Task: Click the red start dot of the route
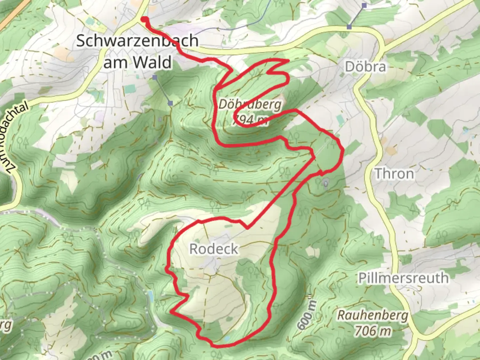coord(144,19)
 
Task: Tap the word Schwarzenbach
coord(137,41)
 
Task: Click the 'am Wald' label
coord(137,62)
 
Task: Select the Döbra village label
coord(365,67)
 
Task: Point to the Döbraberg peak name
coord(250,105)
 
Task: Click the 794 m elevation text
coord(250,119)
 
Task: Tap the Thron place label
coord(394,174)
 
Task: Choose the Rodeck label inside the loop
coord(214,249)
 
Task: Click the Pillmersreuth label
coord(403,278)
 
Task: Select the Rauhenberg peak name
coord(373,315)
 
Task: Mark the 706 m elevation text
coord(373,331)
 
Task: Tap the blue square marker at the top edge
coord(364,5)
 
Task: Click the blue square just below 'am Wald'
coord(155,78)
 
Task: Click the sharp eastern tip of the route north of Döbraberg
coord(288,60)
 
